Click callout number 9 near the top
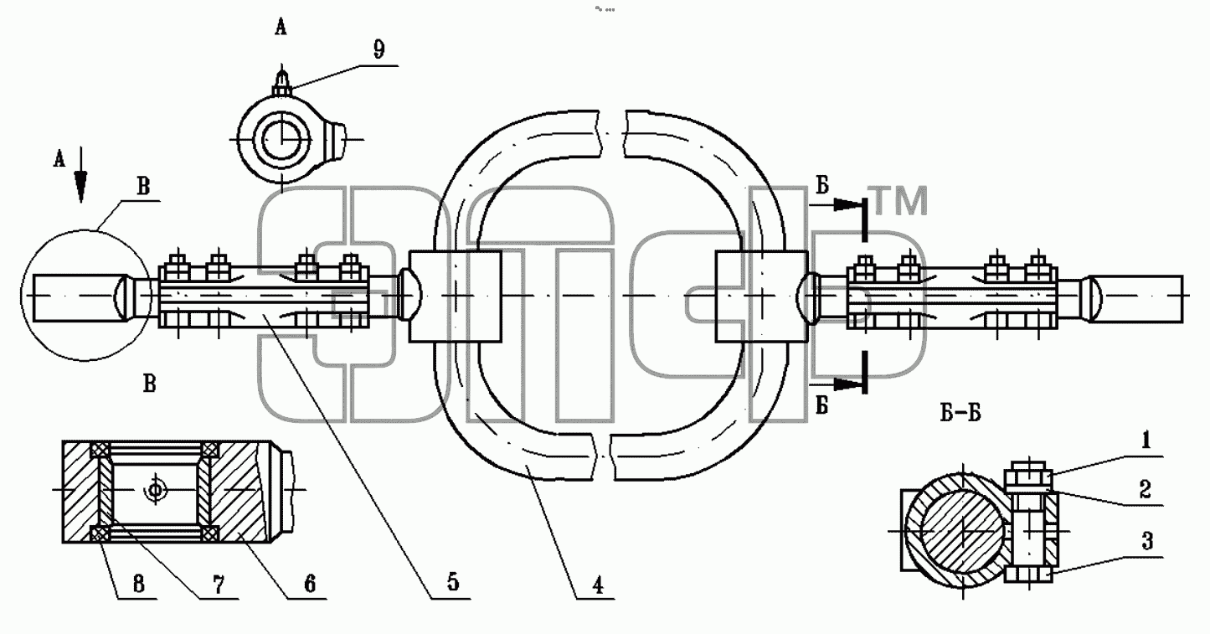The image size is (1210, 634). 379,49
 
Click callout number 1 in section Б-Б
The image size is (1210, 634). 1146,441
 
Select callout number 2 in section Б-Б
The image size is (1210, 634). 1146,490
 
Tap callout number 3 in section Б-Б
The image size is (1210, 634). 1146,541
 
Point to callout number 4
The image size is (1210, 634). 597,585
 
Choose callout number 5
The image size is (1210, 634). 453,582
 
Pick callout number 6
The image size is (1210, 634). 310,585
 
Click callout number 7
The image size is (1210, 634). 219,585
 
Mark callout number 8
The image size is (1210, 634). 139,585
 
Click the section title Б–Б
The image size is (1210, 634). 960,414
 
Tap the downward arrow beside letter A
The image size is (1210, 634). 81,174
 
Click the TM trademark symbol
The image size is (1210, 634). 900,200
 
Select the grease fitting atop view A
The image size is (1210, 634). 281,81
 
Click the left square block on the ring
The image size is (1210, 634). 456,296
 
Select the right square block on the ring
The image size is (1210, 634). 762,296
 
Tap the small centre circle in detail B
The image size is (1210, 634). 156,490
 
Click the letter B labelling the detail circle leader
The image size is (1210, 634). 143,187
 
